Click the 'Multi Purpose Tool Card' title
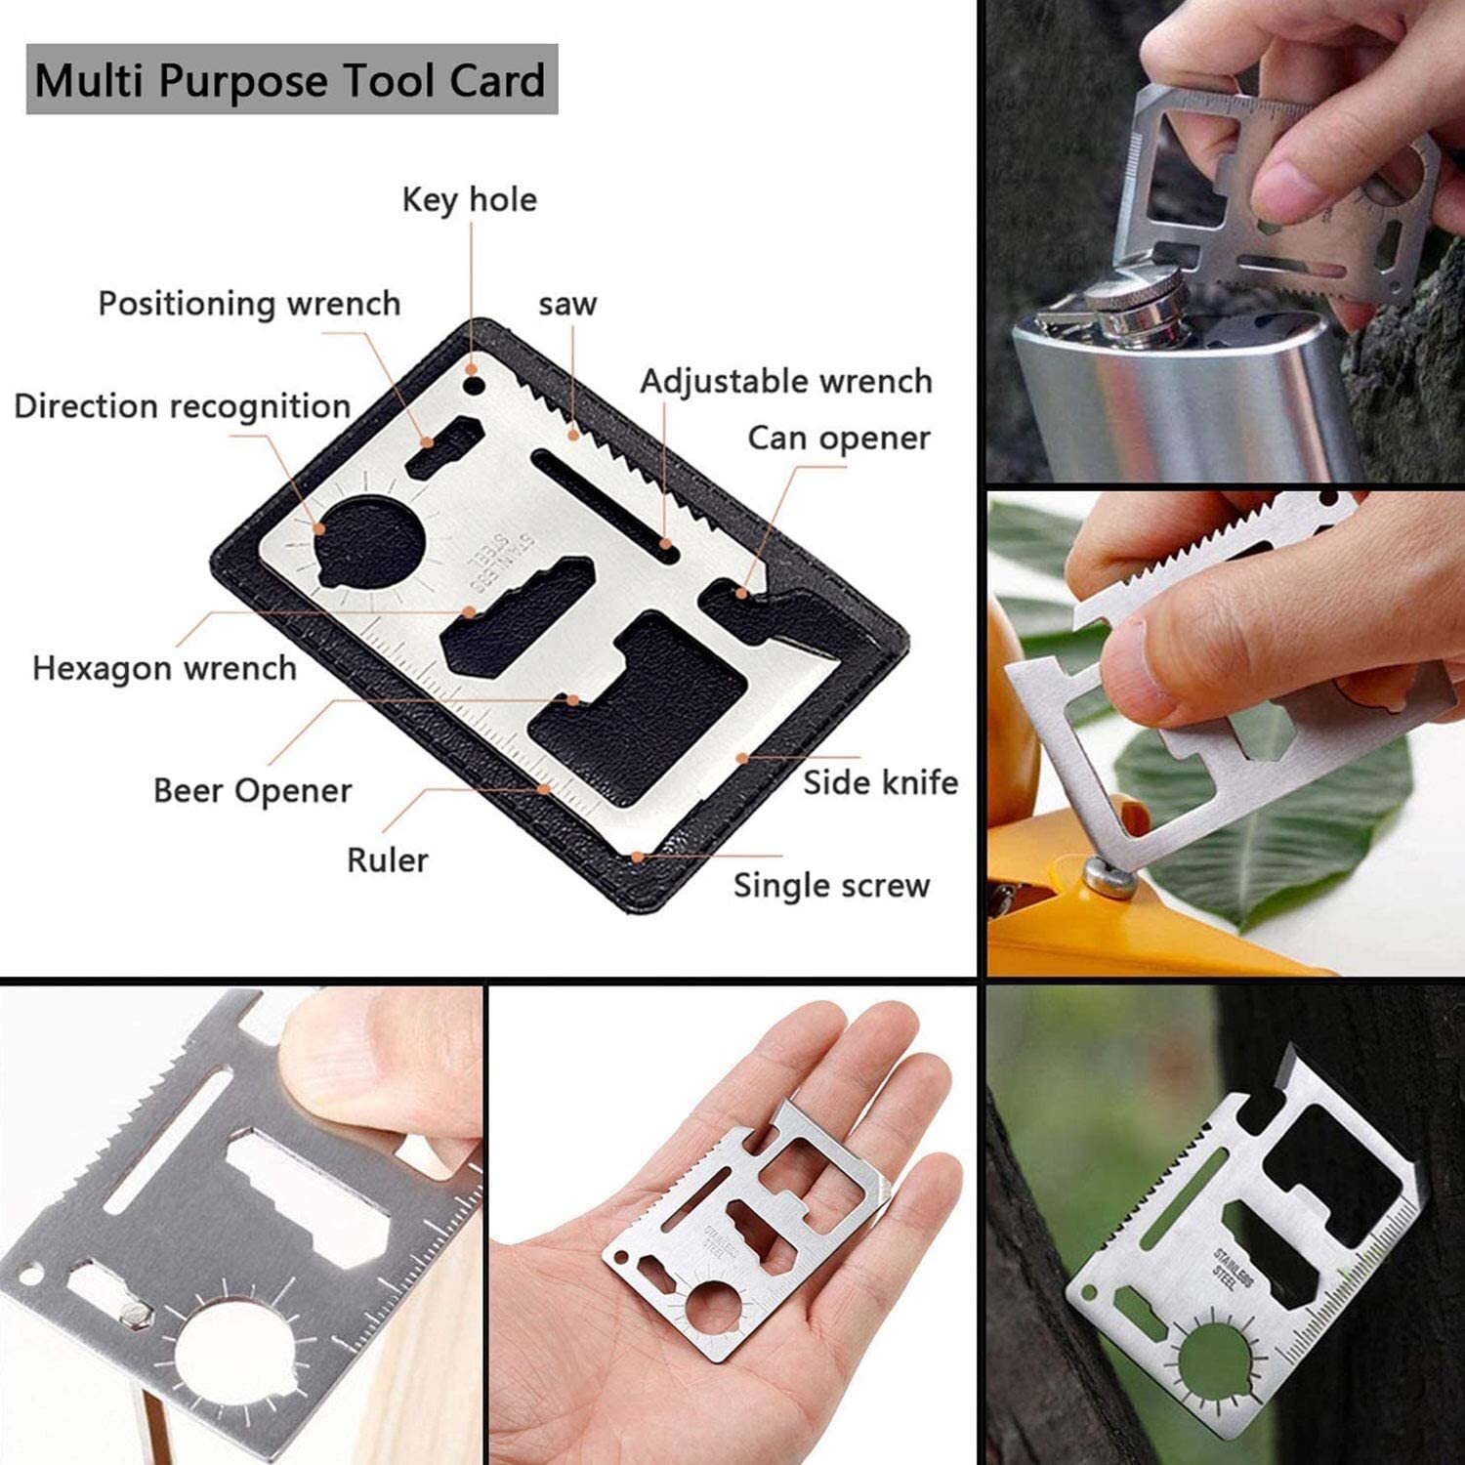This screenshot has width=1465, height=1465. click(x=290, y=80)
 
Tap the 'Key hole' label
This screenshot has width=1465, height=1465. click(x=470, y=200)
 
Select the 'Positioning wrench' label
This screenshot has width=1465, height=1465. click(x=250, y=304)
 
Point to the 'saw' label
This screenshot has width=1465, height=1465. click(x=567, y=305)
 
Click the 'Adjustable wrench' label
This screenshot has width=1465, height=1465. click(x=786, y=382)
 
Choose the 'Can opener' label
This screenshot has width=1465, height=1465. click(x=839, y=439)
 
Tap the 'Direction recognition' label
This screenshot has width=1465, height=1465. click(x=183, y=406)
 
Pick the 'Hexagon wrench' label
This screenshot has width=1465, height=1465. click(x=165, y=669)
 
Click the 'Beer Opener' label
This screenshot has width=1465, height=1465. click(x=253, y=791)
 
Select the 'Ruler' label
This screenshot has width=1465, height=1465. click(x=388, y=860)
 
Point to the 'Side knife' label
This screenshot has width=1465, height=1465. click(x=881, y=782)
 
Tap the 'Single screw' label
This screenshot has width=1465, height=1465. click(x=832, y=886)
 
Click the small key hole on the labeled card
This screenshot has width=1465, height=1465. click(x=474, y=385)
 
